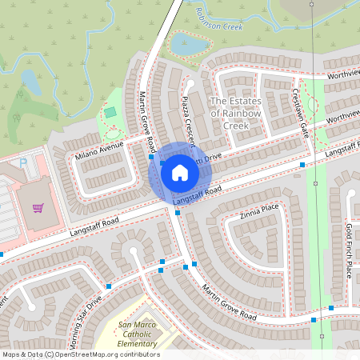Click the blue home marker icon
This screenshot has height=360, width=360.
click(179, 172)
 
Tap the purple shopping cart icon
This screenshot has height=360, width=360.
click(38, 208)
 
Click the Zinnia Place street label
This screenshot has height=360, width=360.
click(259, 211)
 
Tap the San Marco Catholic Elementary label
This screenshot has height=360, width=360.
click(138, 334)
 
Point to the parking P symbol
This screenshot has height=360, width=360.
click(23, 162)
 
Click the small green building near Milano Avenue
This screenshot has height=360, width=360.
click(110, 113)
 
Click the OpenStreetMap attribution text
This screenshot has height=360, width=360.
click(80, 354)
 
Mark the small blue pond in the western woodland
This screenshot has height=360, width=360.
click(31, 82)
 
